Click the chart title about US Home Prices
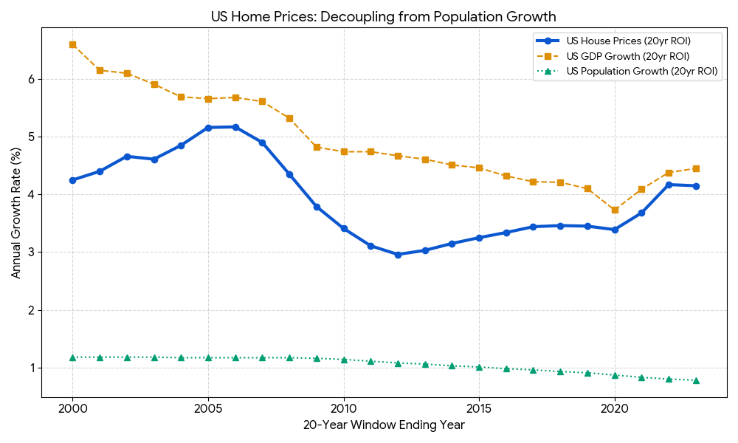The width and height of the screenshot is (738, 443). (x=383, y=16)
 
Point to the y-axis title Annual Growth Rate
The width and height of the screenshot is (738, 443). (x=16, y=213)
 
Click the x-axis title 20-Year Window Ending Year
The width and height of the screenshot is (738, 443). (x=384, y=425)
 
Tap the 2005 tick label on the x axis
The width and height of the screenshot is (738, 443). (x=208, y=408)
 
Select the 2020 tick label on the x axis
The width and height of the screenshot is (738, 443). (x=615, y=408)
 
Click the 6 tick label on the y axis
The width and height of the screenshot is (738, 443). (x=30, y=79)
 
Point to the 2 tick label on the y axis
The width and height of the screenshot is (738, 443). (x=30, y=310)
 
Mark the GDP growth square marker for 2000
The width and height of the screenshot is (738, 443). (x=72, y=44)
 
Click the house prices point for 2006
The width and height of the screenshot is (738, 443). (x=235, y=127)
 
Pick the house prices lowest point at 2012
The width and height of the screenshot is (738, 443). (x=398, y=255)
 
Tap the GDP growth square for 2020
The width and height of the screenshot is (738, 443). (x=615, y=210)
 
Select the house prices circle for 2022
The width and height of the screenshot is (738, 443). (x=669, y=185)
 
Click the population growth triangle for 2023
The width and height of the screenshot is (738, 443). (x=696, y=380)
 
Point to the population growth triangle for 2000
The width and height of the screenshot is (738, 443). (x=72, y=357)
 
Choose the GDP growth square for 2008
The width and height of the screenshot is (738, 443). (x=289, y=118)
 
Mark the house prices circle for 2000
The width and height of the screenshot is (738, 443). (x=72, y=180)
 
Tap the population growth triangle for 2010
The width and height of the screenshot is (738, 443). (x=344, y=360)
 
